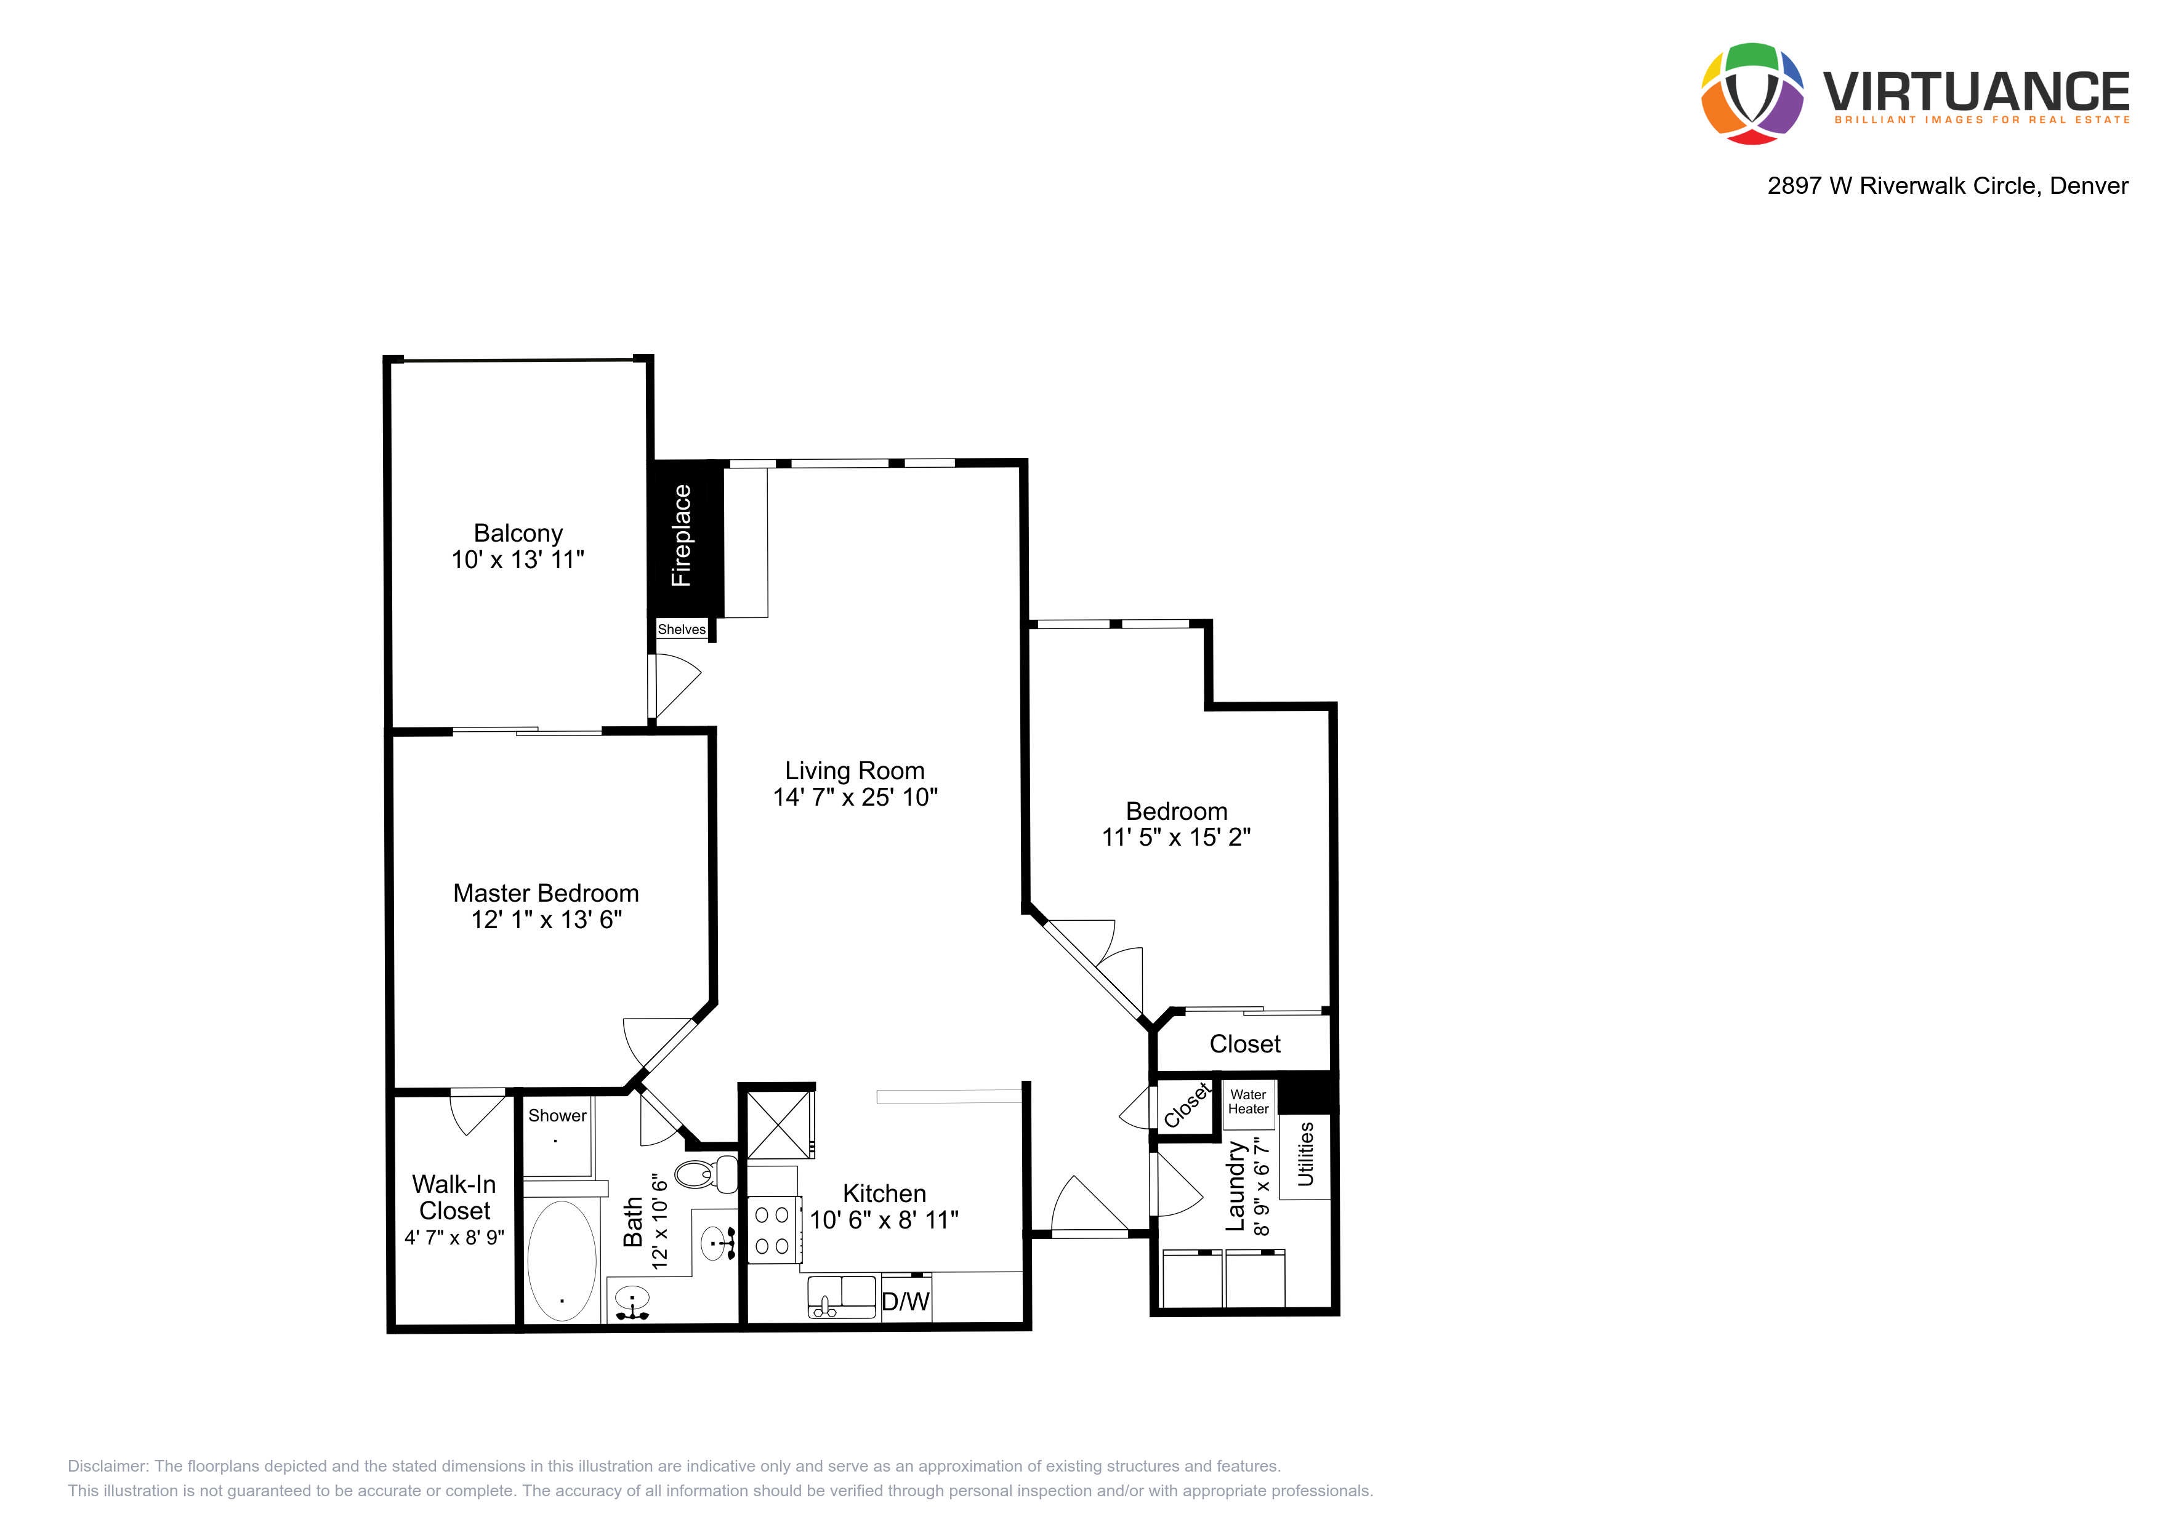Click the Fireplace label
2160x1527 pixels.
pyautogui.click(x=681, y=536)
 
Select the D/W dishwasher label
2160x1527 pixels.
pyautogui.click(x=905, y=1301)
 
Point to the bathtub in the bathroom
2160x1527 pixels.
pyautogui.click(x=562, y=1261)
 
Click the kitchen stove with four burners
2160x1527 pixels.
pyautogui.click(x=774, y=1230)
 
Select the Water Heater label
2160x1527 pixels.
pyautogui.click(x=1247, y=1102)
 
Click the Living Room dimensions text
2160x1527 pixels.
pyautogui.click(x=855, y=797)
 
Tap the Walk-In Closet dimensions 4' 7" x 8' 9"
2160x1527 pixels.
pyautogui.click(x=454, y=1237)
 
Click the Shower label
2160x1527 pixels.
pyautogui.click(x=557, y=1115)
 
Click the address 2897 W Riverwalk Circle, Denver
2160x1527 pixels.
pyautogui.click(x=1948, y=185)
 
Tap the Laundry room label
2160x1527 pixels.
pyautogui.click(x=1235, y=1187)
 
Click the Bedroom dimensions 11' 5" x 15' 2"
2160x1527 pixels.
pyautogui.click(x=1176, y=837)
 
